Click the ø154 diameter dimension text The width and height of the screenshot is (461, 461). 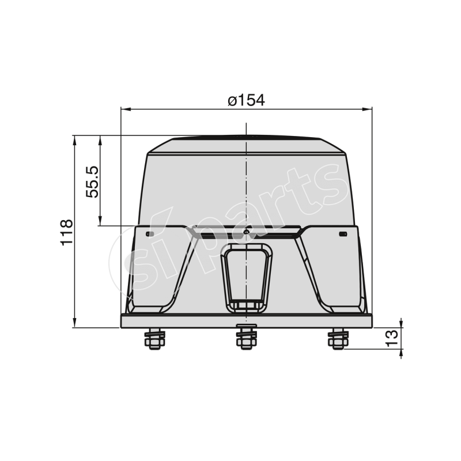[246, 100]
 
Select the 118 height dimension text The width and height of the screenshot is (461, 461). [67, 232]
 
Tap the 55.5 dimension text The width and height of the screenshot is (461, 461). [93, 181]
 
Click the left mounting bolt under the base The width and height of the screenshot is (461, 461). [154, 339]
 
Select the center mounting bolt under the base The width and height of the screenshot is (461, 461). [246, 338]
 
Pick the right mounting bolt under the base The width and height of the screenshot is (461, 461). [337, 339]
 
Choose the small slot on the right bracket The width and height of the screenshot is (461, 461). [342, 234]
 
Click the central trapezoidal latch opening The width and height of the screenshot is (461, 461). [246, 275]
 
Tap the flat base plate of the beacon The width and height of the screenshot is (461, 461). [246, 321]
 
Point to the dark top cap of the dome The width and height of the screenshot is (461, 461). [246, 139]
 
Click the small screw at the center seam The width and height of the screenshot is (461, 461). [246, 232]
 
